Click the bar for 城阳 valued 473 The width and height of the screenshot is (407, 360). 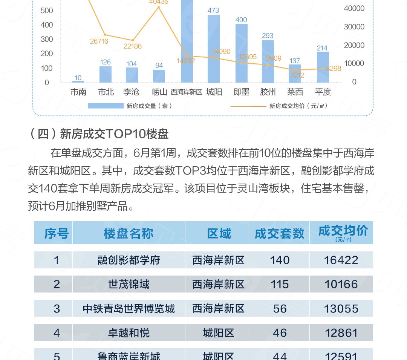[214, 49]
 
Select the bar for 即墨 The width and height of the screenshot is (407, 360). [242, 54]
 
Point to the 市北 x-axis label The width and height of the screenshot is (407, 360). [106, 92]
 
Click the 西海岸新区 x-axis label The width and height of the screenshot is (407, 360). [187, 92]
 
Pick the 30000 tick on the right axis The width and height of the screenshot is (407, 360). [354, 27]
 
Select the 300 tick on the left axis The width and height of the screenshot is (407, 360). [47, 39]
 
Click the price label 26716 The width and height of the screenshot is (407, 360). [99, 41]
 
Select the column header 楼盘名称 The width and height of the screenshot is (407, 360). [129, 233]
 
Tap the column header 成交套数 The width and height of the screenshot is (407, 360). [279, 233]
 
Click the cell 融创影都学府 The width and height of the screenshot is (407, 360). [129, 260]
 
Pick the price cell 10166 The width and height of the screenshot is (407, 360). [341, 284]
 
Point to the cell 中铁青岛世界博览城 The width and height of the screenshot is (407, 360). [129, 309]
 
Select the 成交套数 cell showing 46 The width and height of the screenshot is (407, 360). [279, 333]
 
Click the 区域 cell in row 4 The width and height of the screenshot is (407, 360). [218, 333]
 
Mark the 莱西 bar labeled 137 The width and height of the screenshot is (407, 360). [295, 74]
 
